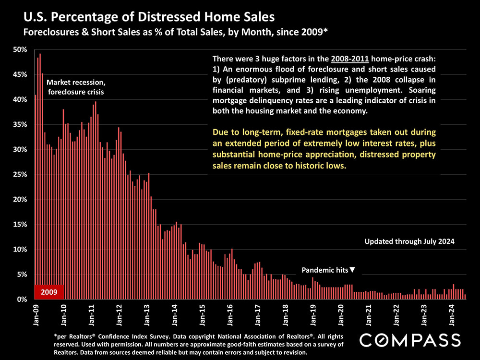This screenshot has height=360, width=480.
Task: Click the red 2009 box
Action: pyautogui.click(x=49, y=291)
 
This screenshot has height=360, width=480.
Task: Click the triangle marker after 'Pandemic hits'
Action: pyautogui.click(x=353, y=270)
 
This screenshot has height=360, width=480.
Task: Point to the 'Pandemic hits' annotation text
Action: pyautogui.click(x=324, y=270)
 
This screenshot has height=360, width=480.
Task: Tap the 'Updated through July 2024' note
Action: pyautogui.click(x=409, y=241)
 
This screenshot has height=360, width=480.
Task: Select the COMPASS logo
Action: pyautogui.click(x=410, y=340)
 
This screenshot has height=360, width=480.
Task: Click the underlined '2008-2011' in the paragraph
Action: pyautogui.click(x=350, y=60)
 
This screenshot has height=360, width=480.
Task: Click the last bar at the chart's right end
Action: pyautogui.click(x=465, y=297)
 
